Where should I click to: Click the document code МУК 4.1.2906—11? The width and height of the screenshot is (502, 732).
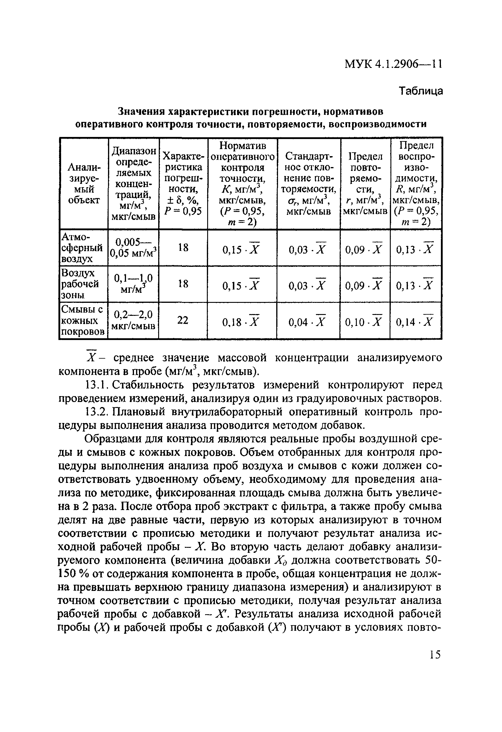[x=393, y=64]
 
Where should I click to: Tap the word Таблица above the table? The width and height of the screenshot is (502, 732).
[x=421, y=91]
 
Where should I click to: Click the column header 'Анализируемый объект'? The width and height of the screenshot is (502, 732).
[x=84, y=183]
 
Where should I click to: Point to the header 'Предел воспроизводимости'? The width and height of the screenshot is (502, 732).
[x=416, y=183]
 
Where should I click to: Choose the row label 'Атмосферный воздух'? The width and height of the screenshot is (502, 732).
[x=82, y=248]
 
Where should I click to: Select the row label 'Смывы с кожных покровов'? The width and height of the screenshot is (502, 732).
[x=83, y=321]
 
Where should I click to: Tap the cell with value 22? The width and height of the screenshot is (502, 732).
[x=183, y=321]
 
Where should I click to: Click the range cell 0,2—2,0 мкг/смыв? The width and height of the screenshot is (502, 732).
[x=133, y=320]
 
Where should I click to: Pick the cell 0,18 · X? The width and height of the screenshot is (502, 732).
[x=241, y=322]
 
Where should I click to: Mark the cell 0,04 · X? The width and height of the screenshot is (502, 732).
[x=307, y=322]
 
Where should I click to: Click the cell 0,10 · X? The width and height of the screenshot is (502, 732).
[x=364, y=322]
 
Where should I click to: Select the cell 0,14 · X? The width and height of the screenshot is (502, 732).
[x=415, y=322]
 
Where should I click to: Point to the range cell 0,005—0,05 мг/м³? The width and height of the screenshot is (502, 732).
[x=133, y=248]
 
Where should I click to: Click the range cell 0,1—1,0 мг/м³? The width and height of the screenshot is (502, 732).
[x=133, y=283]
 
